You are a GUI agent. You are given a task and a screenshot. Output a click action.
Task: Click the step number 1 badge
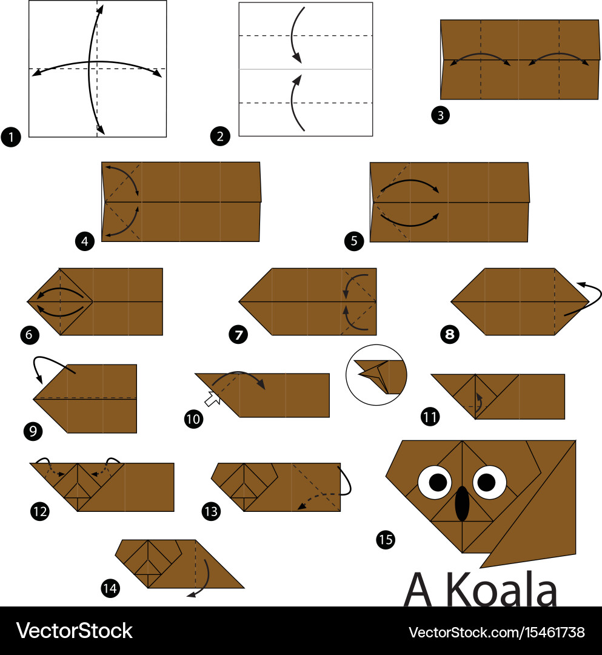(11, 136)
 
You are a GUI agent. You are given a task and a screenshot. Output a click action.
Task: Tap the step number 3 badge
(441, 115)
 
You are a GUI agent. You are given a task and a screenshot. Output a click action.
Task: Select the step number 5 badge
(354, 241)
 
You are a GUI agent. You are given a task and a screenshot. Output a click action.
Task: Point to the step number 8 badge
(450, 334)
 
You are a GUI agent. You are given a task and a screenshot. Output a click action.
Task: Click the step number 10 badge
(194, 418)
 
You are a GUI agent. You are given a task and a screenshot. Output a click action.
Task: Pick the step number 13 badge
(211, 511)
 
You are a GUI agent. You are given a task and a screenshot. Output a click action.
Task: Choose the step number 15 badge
(386, 539)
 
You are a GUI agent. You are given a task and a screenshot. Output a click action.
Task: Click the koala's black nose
(462, 503)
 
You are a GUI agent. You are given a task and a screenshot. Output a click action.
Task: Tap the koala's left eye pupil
(438, 483)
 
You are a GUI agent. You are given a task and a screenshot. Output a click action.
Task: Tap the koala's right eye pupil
(486, 483)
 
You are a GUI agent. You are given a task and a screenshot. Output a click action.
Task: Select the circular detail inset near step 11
(376, 375)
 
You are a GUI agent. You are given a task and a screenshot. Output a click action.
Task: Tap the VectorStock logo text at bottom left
(75, 631)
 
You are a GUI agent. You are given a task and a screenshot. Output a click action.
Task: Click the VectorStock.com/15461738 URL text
(497, 633)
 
